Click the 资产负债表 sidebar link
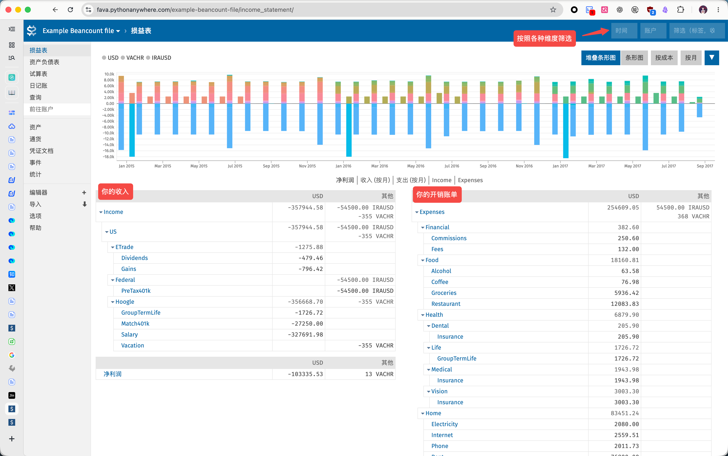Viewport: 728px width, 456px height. [x=44, y=62]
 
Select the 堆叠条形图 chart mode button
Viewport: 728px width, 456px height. [x=600, y=58]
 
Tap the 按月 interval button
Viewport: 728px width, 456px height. [x=691, y=58]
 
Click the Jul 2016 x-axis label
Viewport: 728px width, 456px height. [x=452, y=166]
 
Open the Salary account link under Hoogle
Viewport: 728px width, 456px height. [x=129, y=334]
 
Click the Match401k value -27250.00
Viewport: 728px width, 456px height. [x=307, y=324]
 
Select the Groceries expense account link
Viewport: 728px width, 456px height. [x=444, y=293]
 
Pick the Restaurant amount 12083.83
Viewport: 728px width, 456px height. [x=624, y=304]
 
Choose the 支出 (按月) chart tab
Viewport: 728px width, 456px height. [x=411, y=180]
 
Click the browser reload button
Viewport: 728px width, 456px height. [x=70, y=10]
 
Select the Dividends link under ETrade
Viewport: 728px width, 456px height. [x=134, y=258]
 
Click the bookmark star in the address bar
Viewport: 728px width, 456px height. [x=553, y=10]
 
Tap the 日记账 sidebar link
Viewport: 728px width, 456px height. [x=38, y=86]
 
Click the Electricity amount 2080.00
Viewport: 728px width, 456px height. [x=626, y=424]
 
